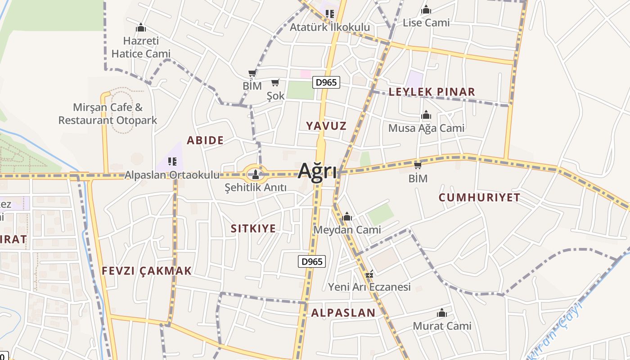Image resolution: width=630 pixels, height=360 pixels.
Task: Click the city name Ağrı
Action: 317,171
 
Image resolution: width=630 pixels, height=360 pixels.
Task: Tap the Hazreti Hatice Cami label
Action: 141,47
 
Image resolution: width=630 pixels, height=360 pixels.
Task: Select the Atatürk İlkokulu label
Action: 330,27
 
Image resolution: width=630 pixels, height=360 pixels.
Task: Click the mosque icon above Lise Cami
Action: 426,10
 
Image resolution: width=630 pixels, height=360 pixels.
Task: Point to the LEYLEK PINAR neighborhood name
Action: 432,92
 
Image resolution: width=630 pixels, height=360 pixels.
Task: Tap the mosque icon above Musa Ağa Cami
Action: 426,115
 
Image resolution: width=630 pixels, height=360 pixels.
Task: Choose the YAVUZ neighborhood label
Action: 326,126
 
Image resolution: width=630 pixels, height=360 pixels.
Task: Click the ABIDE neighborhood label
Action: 205,140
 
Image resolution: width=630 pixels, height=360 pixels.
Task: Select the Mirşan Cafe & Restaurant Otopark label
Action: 108,114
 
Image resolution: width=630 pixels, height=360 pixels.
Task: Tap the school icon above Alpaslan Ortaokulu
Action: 172,161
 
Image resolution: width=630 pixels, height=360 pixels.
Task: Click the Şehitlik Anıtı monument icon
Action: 256,174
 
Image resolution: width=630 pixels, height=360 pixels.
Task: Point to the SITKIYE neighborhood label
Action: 253,229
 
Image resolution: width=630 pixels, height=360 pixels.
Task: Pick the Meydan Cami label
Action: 347,230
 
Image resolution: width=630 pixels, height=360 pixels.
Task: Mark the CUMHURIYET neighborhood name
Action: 479,198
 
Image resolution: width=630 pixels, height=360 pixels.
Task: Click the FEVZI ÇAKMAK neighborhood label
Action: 147,271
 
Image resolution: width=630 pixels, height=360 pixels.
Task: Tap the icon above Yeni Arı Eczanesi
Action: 370,274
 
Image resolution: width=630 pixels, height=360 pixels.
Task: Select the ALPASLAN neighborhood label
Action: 343,313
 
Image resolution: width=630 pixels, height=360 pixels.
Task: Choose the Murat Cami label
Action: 442,326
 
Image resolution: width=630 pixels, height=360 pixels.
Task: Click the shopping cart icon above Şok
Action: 275,82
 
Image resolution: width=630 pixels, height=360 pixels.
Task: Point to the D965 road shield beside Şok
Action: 326,82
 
